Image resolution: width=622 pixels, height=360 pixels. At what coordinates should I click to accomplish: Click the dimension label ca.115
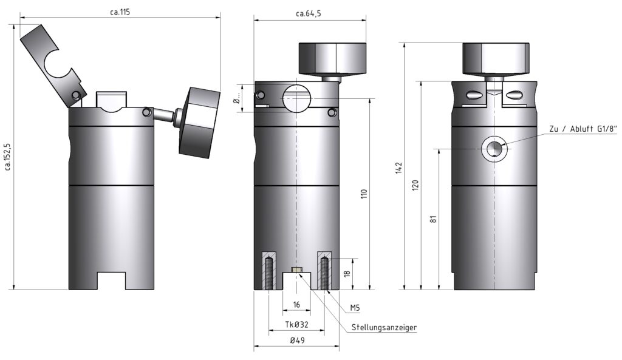click(120, 12)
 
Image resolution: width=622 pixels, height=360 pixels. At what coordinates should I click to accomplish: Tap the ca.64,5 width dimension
click(309, 14)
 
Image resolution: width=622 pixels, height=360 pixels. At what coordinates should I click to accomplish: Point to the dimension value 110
click(364, 194)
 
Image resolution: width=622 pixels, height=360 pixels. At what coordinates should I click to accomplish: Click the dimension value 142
click(398, 167)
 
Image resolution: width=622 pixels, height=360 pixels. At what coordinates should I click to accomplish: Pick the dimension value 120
click(415, 185)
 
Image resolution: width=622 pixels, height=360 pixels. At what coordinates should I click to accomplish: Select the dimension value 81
click(434, 218)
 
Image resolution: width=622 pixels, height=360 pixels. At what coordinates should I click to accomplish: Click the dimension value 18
click(347, 274)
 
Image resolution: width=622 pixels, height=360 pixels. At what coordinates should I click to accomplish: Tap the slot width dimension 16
click(296, 304)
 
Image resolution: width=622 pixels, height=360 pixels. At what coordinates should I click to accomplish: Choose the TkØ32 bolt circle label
click(296, 325)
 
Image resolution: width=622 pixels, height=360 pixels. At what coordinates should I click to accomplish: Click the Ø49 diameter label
click(296, 341)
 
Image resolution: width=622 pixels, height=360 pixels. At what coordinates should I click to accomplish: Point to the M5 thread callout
click(355, 308)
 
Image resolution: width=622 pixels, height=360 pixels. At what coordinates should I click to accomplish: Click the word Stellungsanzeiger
click(384, 328)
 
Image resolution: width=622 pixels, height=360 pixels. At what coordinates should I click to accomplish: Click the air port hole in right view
click(494, 148)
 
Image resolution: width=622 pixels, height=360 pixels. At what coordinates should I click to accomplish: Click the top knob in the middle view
click(332, 58)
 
